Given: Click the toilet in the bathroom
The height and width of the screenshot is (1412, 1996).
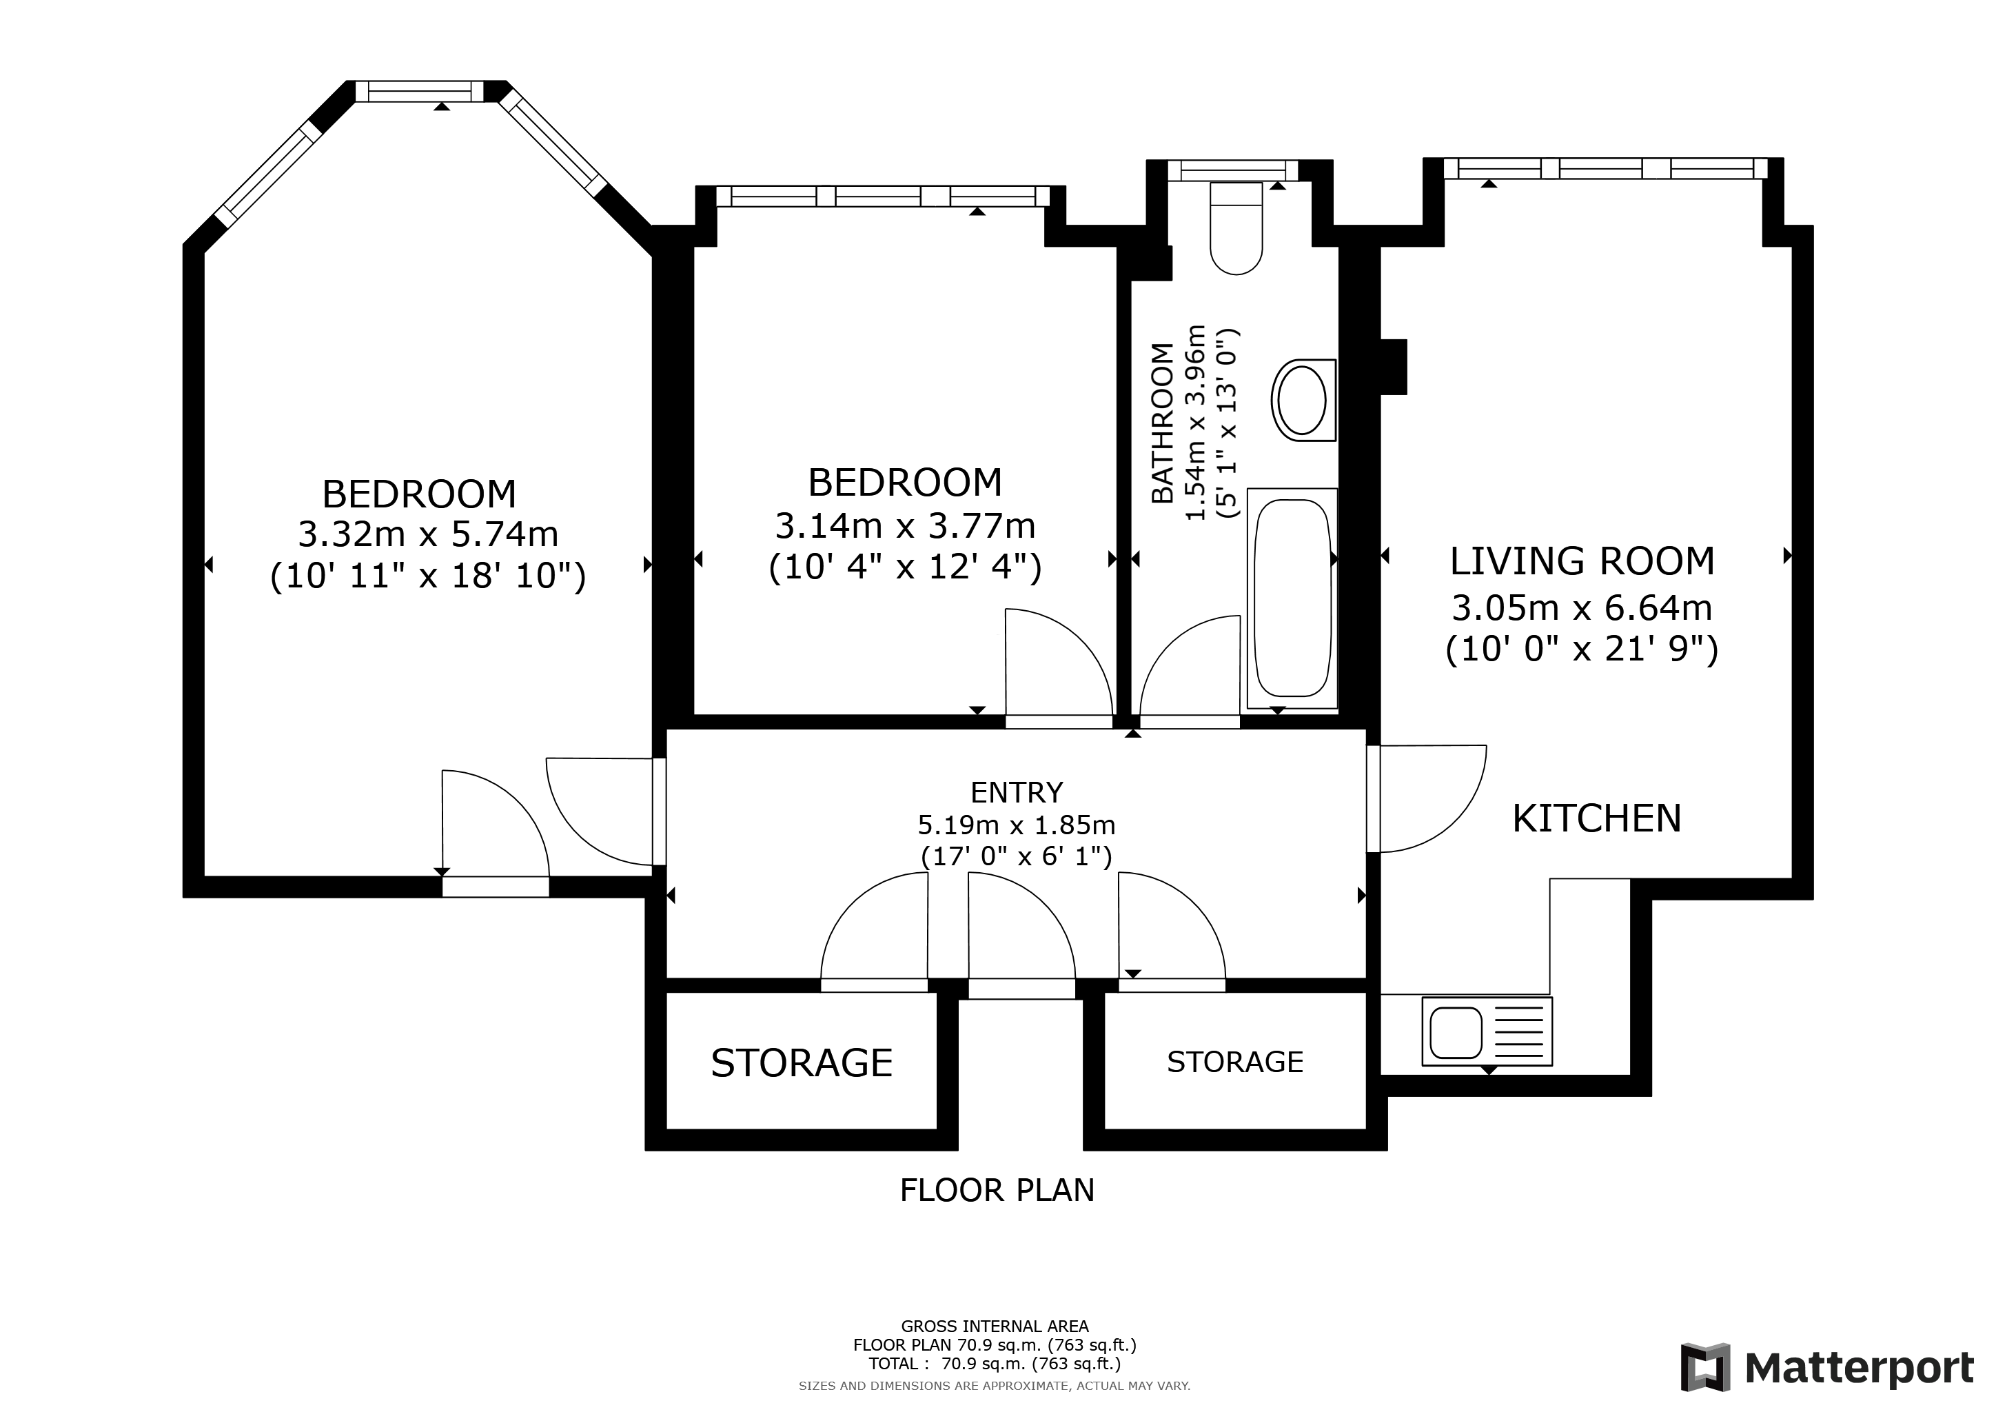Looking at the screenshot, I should click(x=1235, y=230).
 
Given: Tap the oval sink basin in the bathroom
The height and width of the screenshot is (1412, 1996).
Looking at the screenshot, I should click(x=1301, y=400).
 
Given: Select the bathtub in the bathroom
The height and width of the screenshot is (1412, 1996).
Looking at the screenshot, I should click(x=1292, y=598).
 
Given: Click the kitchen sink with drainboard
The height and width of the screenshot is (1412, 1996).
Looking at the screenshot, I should click(x=1487, y=1032).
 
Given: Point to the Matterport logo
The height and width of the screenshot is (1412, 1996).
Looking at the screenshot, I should click(x=1826, y=1368).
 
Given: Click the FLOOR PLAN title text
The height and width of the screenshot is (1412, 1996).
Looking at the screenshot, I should click(x=997, y=1190).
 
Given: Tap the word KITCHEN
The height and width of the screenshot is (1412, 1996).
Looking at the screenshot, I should click(x=1597, y=819).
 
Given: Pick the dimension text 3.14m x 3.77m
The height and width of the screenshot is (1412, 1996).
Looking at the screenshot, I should click(x=905, y=526).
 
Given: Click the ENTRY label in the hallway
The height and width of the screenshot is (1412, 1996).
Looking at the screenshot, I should click(x=1016, y=793).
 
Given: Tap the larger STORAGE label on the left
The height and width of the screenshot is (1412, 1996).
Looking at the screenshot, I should click(x=802, y=1063).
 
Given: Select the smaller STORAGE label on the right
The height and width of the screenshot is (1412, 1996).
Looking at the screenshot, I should click(x=1234, y=1062).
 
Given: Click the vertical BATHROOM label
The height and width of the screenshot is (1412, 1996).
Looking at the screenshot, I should click(x=1162, y=423).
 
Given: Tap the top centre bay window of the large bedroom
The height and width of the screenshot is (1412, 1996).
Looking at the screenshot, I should click(x=419, y=91).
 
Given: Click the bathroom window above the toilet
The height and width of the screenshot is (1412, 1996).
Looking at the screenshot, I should click(x=1233, y=170).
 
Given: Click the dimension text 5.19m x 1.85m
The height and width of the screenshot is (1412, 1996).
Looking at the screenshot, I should click(x=1016, y=825).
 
